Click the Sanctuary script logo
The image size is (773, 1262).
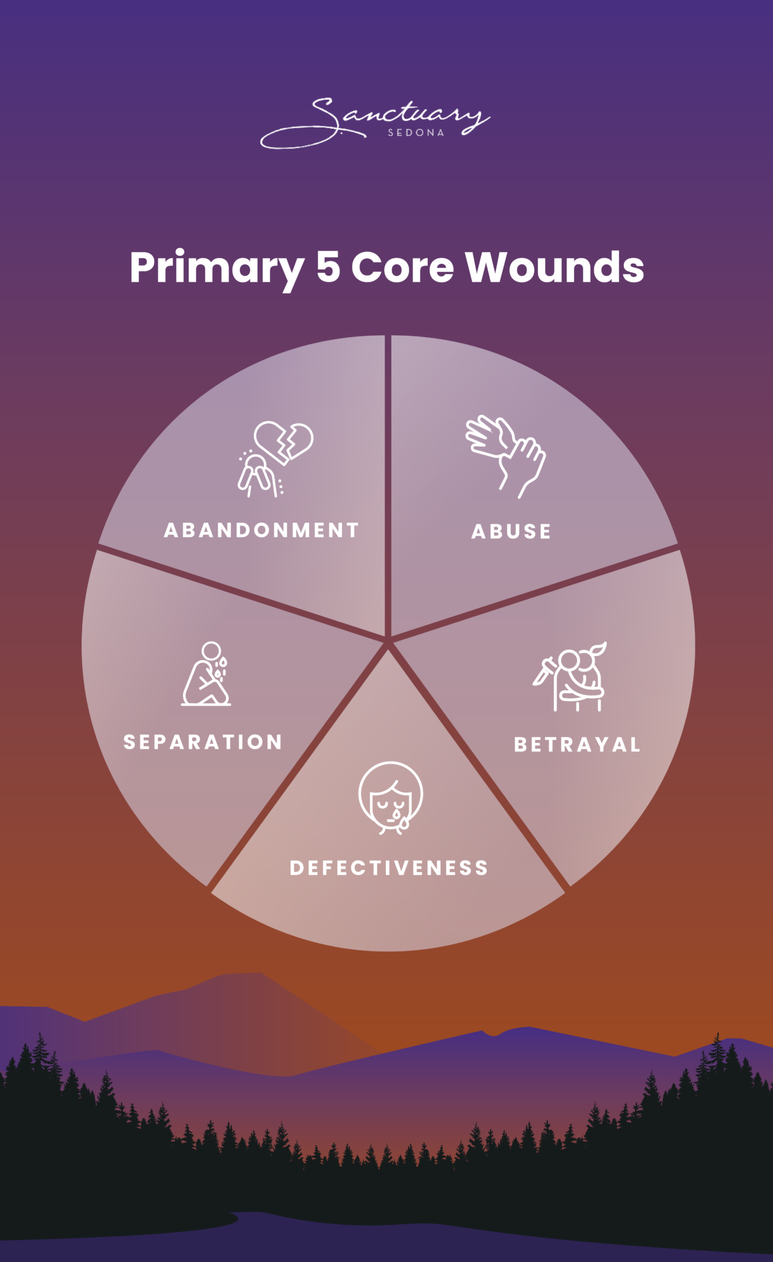(376, 120)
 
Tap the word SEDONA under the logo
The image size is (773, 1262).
(416, 132)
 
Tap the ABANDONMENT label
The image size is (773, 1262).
(261, 531)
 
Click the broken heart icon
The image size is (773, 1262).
(284, 441)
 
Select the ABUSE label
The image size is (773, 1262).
(511, 532)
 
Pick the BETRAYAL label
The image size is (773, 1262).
(577, 744)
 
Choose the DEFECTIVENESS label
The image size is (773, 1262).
(389, 868)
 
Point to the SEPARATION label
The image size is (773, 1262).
(203, 742)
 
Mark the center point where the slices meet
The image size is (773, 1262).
(388, 642)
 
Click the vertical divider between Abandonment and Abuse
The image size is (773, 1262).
(388, 481)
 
